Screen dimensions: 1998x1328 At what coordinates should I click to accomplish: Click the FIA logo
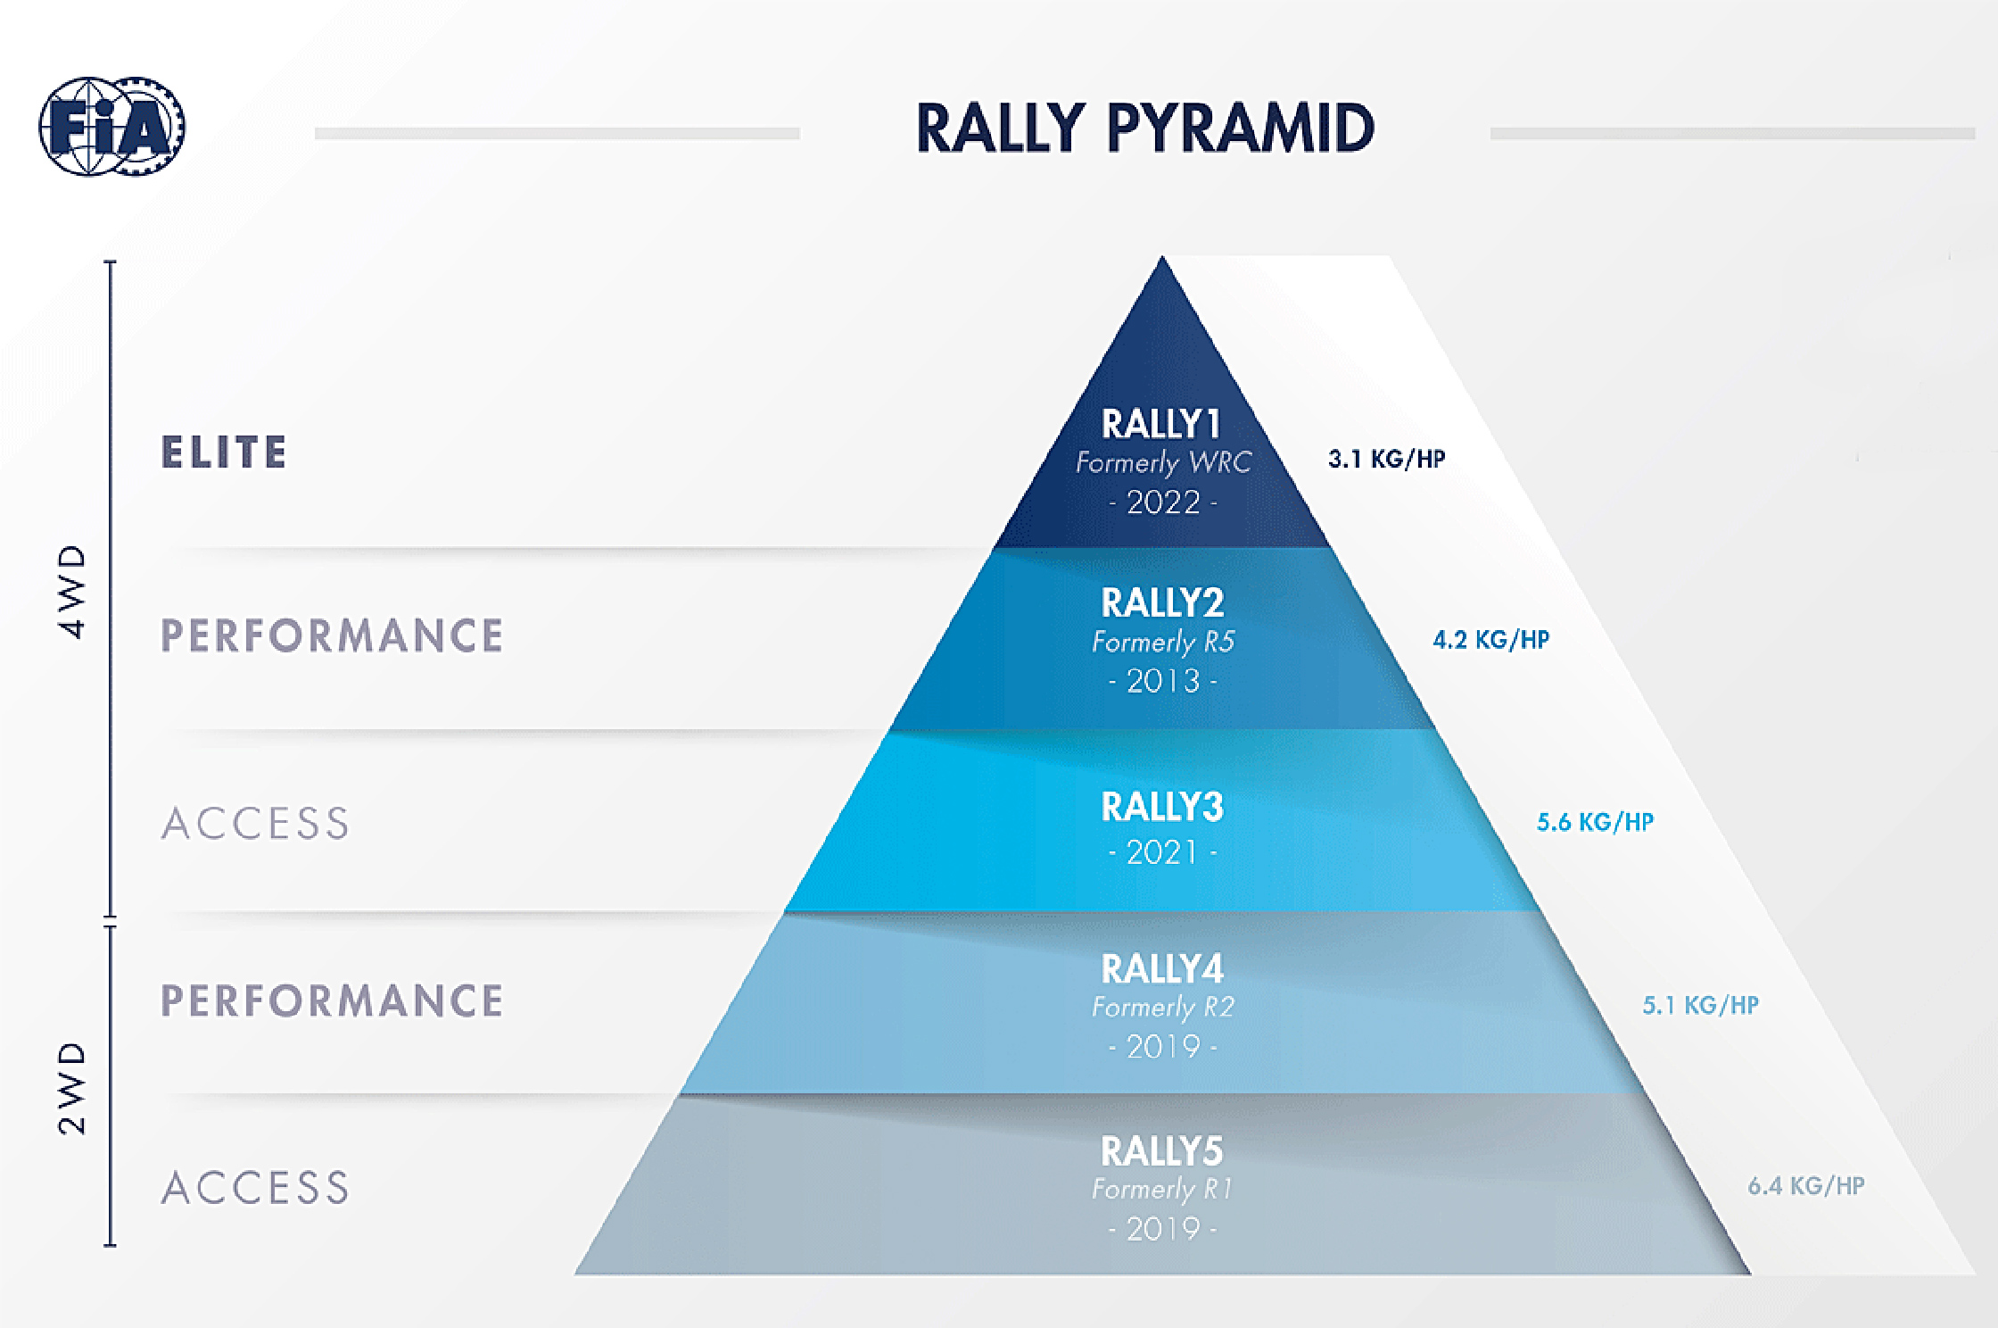pos(112,126)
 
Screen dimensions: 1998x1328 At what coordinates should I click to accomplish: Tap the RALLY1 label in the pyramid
pos(1161,424)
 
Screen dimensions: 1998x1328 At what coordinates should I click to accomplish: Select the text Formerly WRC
pos(1163,462)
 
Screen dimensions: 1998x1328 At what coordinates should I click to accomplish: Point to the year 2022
pos(1163,502)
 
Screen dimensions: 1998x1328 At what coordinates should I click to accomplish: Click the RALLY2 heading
pos(1163,603)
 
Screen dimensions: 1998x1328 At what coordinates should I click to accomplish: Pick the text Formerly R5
pos(1163,642)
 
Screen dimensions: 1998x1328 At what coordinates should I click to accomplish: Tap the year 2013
pos(1163,681)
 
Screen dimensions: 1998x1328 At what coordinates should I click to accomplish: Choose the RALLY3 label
pos(1163,808)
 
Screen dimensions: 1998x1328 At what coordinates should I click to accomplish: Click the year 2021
pos(1163,852)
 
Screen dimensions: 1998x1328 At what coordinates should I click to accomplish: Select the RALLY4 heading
pos(1163,969)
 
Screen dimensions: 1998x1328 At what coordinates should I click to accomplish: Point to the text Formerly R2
pos(1163,1008)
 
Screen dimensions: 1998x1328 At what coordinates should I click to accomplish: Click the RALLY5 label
pos(1162,1151)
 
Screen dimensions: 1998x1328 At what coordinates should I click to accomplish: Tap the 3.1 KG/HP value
pos(1387,459)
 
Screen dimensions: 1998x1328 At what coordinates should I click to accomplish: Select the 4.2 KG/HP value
pos(1491,640)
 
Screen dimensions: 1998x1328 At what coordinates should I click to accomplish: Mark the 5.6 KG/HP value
pos(1596,822)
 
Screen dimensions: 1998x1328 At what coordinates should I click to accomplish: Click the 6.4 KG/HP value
pos(1806,1186)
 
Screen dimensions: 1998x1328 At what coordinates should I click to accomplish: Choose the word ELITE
pos(225,452)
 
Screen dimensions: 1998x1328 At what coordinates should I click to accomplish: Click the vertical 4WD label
pos(72,592)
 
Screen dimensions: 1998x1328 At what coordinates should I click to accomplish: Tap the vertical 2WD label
pos(72,1088)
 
